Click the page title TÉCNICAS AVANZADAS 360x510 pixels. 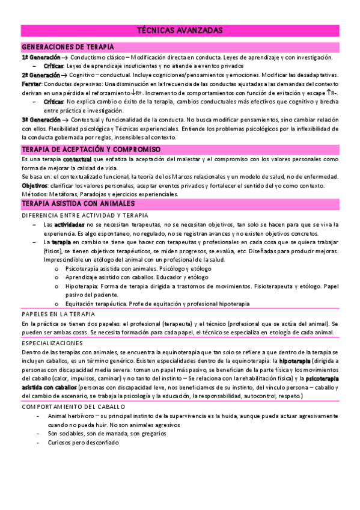180,30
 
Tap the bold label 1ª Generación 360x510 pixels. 40,57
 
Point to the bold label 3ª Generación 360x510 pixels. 40,120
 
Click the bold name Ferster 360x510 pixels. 31,84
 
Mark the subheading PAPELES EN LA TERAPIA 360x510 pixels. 58,314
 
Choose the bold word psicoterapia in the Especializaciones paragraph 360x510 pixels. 322,379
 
